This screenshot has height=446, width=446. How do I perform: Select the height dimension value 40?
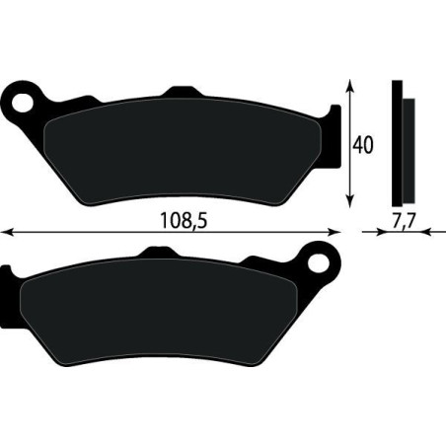pyautogui.click(x=364, y=145)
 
